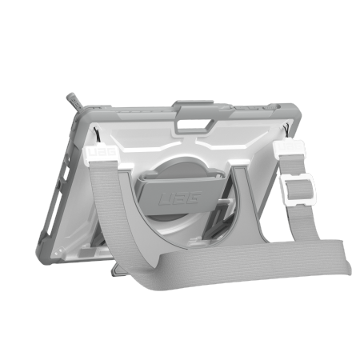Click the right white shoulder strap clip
288,150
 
